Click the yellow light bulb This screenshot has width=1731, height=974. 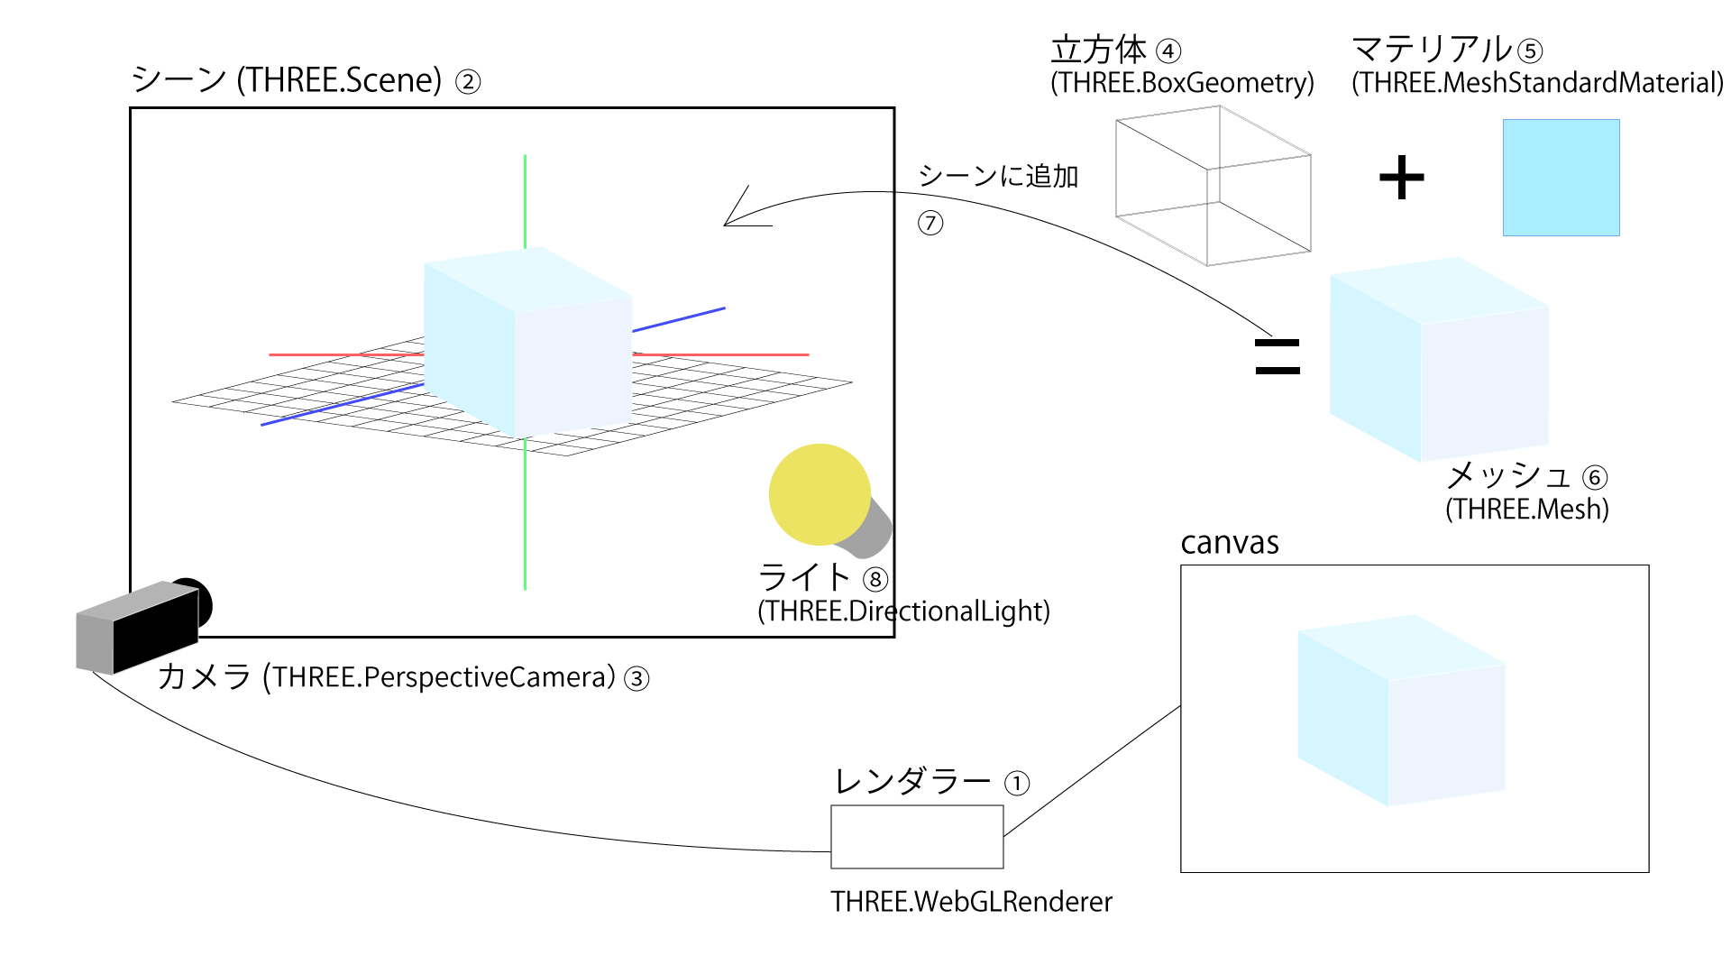(820, 494)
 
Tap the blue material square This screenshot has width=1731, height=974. (1561, 178)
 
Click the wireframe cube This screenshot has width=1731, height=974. (1213, 186)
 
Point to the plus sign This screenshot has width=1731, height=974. (1401, 178)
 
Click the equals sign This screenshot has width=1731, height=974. (1278, 356)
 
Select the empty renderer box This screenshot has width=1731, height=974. (916, 837)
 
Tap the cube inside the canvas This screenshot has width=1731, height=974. (1401, 711)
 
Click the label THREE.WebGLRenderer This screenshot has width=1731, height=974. (971, 902)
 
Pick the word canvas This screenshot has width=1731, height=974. (1230, 543)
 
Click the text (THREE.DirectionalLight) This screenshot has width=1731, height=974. (903, 611)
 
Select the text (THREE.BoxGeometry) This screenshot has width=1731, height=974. (1182, 83)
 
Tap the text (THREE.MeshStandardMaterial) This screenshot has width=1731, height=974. (1537, 83)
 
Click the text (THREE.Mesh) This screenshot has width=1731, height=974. (1527, 510)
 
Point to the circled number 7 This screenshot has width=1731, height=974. (930, 223)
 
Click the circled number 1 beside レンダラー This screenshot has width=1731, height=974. (1017, 783)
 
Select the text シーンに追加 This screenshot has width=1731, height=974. (998, 176)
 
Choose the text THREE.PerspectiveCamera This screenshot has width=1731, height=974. (444, 677)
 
